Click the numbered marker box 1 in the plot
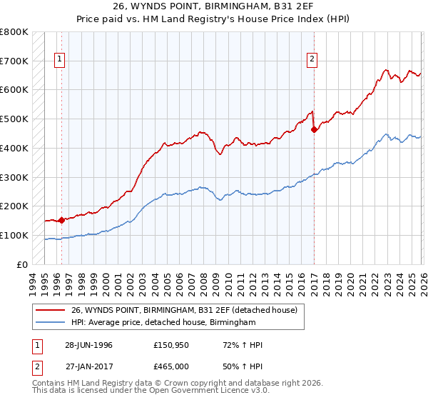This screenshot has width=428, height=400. tap(60, 61)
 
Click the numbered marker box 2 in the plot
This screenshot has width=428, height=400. tap(312, 61)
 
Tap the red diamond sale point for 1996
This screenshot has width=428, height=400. tap(62, 220)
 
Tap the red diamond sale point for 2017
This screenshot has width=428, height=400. tap(315, 129)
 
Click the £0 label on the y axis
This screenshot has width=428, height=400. tap(21, 264)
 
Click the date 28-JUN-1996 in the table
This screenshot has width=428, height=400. tap(88, 345)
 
